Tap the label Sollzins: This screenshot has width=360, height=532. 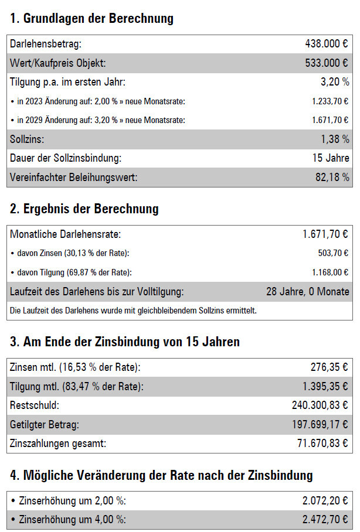pyautogui.click(x=27, y=139)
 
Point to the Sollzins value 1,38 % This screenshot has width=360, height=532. pyautogui.click(x=335, y=139)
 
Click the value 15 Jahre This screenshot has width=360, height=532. pyautogui.click(x=331, y=158)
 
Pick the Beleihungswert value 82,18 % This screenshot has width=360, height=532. pyautogui.click(x=332, y=177)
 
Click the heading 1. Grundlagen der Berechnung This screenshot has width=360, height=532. pyautogui.click(x=92, y=18)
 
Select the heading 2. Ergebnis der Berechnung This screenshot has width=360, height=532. pyautogui.click(x=84, y=209)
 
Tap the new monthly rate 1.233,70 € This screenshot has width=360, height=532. pyautogui.click(x=330, y=101)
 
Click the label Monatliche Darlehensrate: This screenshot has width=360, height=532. pyautogui.click(x=65, y=234)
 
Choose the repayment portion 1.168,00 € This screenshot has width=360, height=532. pyautogui.click(x=330, y=272)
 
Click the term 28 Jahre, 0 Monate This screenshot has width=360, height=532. pyautogui.click(x=308, y=291)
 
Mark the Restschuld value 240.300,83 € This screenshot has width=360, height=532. pyautogui.click(x=320, y=405)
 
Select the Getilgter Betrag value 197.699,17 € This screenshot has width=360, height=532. pyautogui.click(x=320, y=424)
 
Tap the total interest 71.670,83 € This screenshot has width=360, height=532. pyautogui.click(x=322, y=444)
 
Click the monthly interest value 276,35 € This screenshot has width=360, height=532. pyautogui.click(x=329, y=367)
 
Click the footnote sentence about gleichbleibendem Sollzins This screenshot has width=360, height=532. pyautogui.click(x=134, y=310)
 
